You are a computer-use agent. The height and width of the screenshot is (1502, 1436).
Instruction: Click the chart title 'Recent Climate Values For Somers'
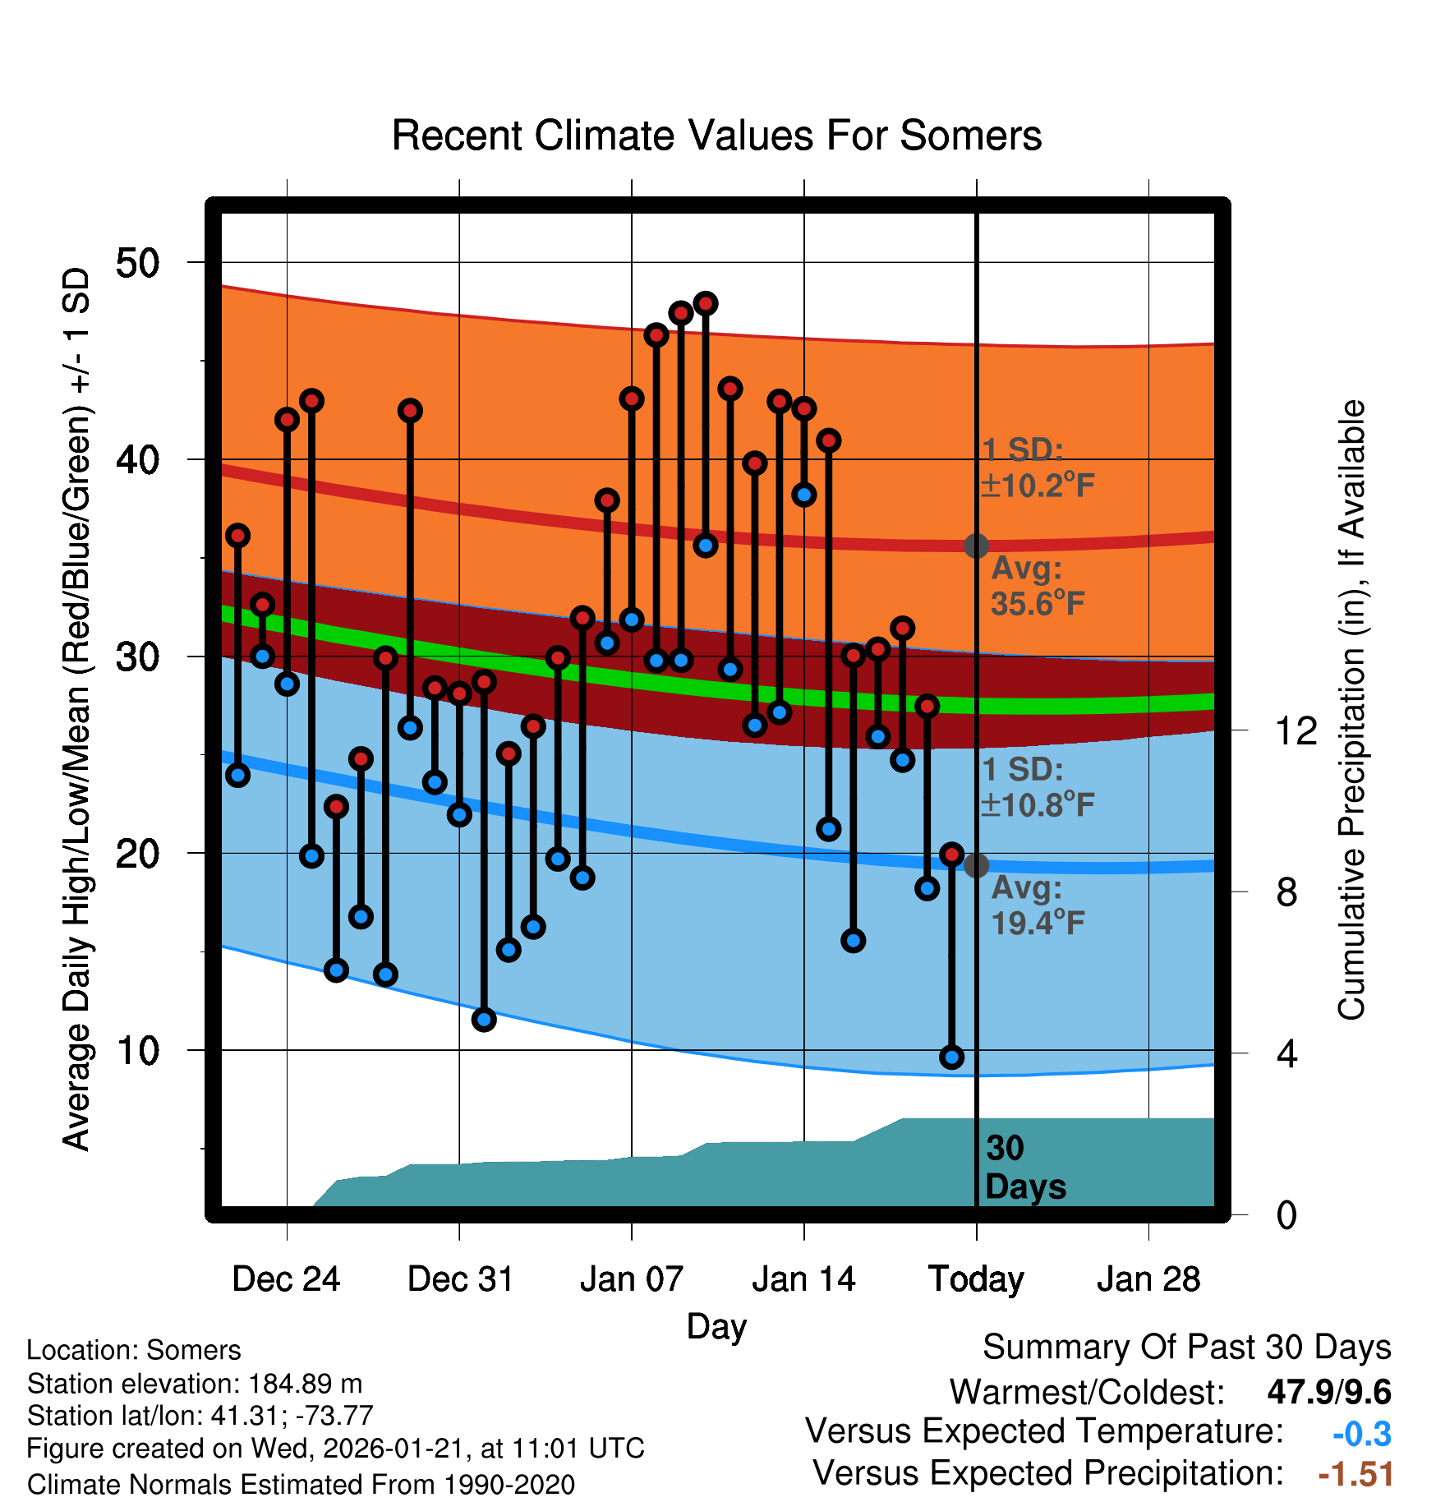click(x=716, y=136)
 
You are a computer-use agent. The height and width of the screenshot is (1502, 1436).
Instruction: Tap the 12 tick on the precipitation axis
click(x=1296, y=730)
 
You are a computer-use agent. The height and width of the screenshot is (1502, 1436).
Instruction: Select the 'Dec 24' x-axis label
click(x=286, y=1279)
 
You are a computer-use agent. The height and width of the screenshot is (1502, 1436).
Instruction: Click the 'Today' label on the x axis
click(x=976, y=1279)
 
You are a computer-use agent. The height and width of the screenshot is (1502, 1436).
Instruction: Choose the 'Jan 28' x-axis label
click(x=1148, y=1279)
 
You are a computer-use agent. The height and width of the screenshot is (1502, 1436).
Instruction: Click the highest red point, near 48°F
click(x=706, y=303)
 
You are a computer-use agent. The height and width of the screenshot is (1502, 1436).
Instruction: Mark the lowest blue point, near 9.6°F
click(x=951, y=1057)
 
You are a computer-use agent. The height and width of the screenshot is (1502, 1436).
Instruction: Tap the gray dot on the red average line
click(x=976, y=546)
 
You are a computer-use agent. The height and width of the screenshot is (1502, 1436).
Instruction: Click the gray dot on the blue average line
click(x=976, y=865)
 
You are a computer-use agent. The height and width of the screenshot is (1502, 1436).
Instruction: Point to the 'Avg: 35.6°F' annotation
click(x=1037, y=586)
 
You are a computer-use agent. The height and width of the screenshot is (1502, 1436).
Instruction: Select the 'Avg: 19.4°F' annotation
click(x=1037, y=905)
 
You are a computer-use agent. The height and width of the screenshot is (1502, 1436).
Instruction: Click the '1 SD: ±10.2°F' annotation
click(x=1037, y=468)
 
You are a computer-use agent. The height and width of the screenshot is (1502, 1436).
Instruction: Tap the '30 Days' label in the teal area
click(x=1024, y=1168)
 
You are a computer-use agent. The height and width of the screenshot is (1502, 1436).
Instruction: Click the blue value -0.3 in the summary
click(x=1361, y=1434)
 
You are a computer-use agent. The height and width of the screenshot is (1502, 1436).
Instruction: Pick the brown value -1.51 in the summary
click(x=1355, y=1474)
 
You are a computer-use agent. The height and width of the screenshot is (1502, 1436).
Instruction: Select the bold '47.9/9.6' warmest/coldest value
click(x=1328, y=1392)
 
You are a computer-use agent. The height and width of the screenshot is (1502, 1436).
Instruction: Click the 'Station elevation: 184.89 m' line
click(x=195, y=1384)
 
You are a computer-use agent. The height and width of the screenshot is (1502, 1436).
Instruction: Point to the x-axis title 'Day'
click(x=716, y=1326)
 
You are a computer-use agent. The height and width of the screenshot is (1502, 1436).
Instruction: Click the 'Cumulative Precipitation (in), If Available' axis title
click(x=1351, y=710)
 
